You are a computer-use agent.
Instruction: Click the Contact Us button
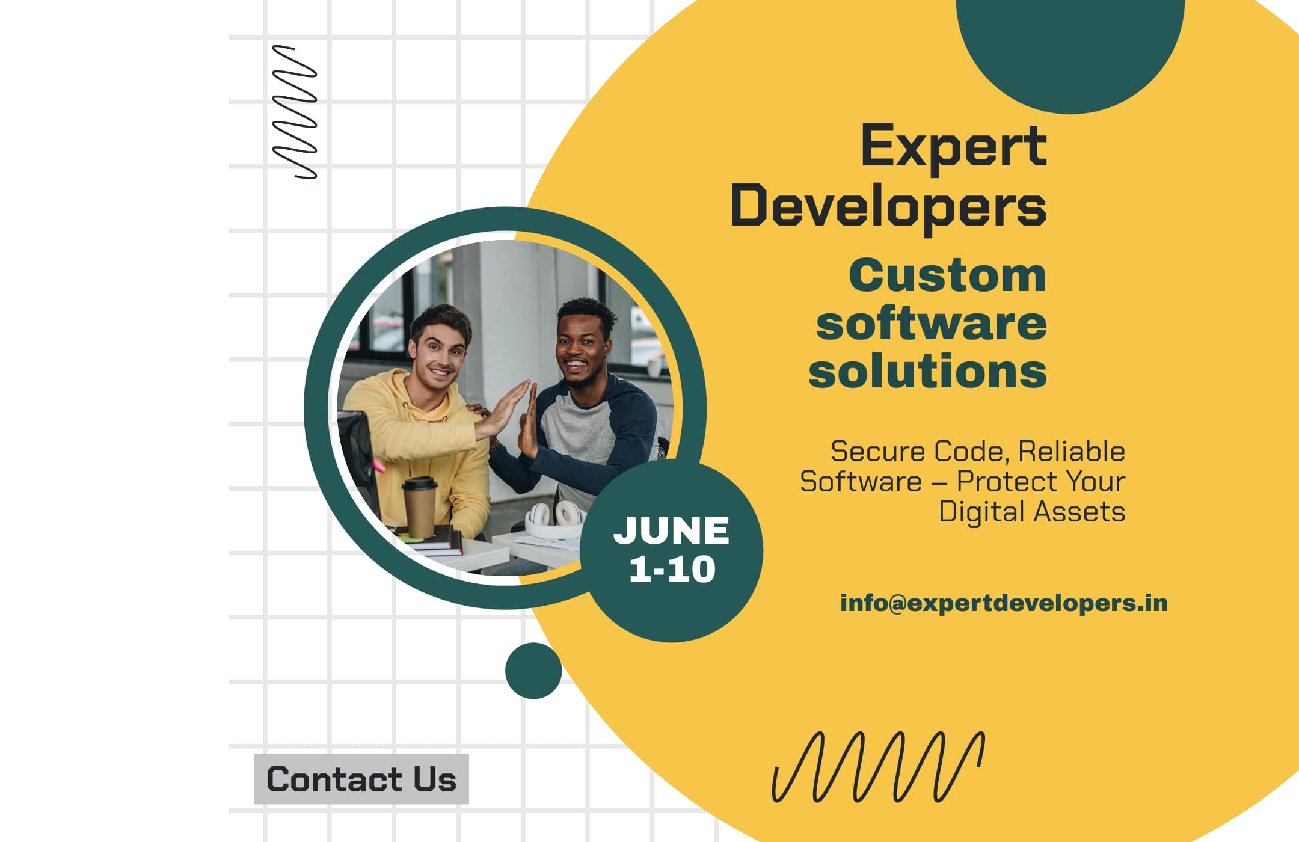tap(361, 779)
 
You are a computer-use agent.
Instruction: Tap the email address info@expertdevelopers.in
tap(1004, 603)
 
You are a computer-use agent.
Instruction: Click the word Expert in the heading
tap(953, 146)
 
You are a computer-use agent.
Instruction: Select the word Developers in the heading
tap(888, 206)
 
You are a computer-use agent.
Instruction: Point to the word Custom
tap(947, 276)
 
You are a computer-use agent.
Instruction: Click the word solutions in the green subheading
tap(927, 372)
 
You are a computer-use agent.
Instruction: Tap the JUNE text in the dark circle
tap(671, 530)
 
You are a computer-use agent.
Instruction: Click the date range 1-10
tap(672, 569)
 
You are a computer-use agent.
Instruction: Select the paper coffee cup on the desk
tap(420, 506)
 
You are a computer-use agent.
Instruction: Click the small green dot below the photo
tap(533, 671)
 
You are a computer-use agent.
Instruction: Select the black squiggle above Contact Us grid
tap(295, 112)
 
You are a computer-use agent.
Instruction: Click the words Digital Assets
tap(1031, 512)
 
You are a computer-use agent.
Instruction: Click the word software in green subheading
tap(931, 324)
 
